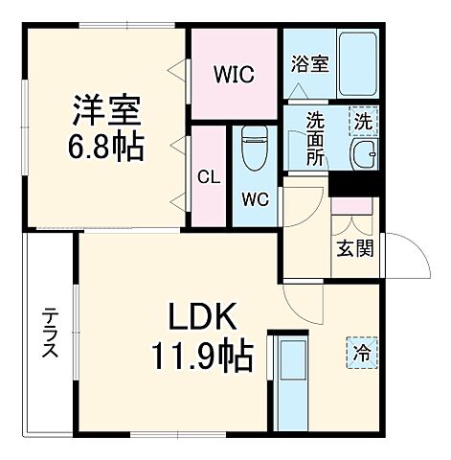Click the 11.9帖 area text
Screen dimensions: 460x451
click(201, 356)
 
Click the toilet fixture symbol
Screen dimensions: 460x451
click(255, 149)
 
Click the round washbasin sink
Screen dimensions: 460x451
click(363, 157)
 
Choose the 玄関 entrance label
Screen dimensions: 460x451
click(353, 248)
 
